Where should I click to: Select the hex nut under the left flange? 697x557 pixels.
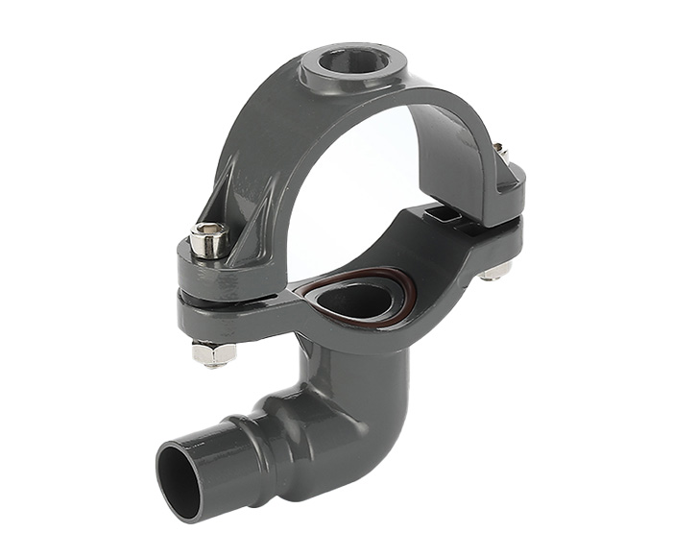[214, 352]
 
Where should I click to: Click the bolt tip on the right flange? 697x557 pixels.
[500, 152]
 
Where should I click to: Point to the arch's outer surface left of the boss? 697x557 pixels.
[259, 125]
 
